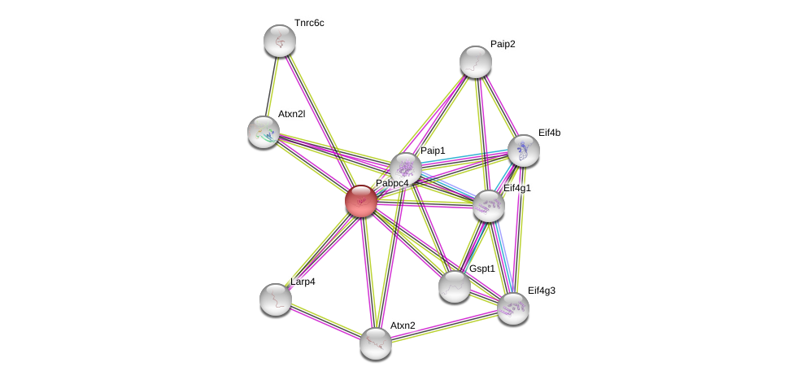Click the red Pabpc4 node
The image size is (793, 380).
click(x=361, y=200)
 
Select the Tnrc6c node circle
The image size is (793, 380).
click(x=280, y=41)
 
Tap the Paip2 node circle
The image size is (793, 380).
click(x=475, y=62)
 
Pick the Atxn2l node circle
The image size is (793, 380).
click(x=264, y=131)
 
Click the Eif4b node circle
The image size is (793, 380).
click(x=523, y=150)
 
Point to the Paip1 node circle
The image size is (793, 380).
click(x=405, y=168)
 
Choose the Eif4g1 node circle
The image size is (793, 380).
click(x=489, y=206)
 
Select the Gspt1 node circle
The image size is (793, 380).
click(x=454, y=286)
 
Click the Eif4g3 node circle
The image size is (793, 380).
click(x=513, y=308)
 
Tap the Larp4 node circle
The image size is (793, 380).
click(x=276, y=299)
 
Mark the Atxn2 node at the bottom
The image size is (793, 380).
click(x=376, y=343)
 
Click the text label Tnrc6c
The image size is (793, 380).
click(x=309, y=23)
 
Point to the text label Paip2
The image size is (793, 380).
click(x=503, y=44)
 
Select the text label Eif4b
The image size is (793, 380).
click(x=549, y=132)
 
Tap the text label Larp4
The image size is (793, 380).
click(x=303, y=282)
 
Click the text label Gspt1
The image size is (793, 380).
click(x=481, y=269)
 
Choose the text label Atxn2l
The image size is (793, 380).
click(x=291, y=114)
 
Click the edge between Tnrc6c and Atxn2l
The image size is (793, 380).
click(x=272, y=85)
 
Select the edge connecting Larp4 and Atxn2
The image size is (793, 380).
click(x=325, y=321)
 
